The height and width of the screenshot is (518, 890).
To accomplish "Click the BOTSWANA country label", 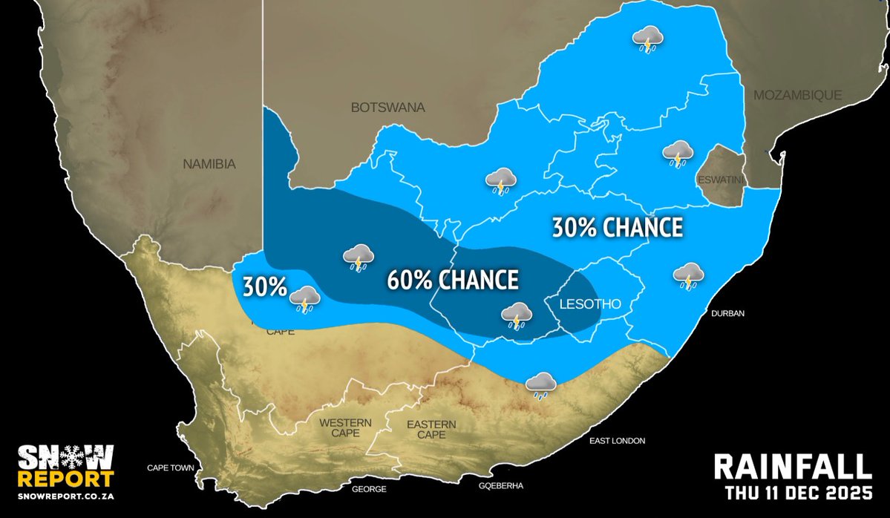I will pos(387,108).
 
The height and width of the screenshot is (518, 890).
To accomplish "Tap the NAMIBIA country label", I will pos(209,164).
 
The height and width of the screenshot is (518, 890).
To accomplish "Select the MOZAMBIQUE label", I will pos(797,95).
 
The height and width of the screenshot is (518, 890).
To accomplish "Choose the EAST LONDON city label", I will pos(617,441).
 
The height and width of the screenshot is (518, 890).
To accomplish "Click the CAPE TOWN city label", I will pos(170,468).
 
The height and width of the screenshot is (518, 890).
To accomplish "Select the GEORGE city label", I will pos(369,490).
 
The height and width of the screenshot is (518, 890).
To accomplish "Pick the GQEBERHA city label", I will pos(501,486).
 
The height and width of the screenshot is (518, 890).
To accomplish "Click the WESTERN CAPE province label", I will pos(345,428).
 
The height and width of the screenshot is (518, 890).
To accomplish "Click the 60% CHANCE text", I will pos(452,281).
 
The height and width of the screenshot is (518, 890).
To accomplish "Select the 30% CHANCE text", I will pos(617,228).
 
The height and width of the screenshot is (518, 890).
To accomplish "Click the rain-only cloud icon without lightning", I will pos(541,384).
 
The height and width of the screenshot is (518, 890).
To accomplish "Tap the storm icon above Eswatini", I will pos(677,154).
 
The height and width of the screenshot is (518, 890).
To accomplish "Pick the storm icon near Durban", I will pos(688,276).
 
